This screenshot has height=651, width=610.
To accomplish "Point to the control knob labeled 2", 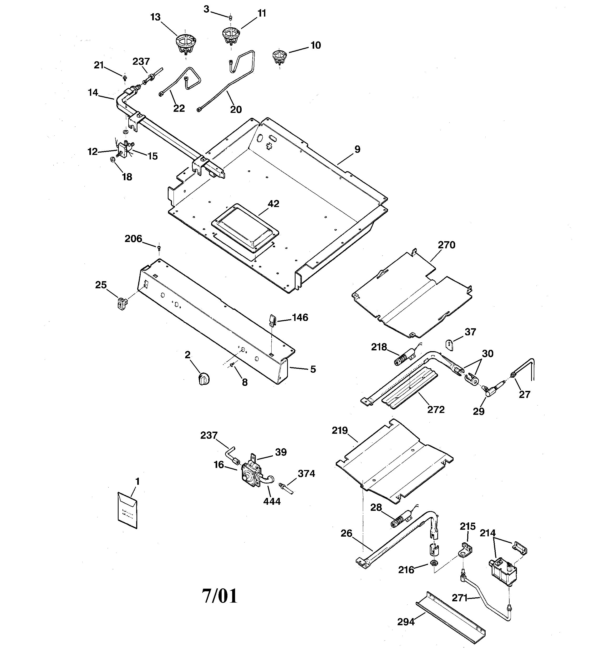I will (x=204, y=379).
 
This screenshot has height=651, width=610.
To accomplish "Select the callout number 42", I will (x=273, y=204).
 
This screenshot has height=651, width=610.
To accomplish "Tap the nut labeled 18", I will (x=111, y=160).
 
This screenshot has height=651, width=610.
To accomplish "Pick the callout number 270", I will (x=446, y=245).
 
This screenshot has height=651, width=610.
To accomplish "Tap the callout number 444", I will (x=272, y=501).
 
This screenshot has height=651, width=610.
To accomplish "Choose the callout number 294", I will (x=406, y=622).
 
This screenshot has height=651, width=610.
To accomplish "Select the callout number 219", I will (x=339, y=431).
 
